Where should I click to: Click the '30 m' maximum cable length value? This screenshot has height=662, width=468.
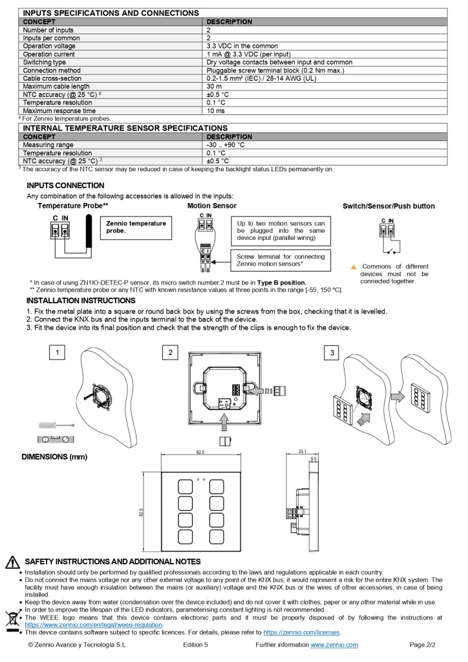point(214,87)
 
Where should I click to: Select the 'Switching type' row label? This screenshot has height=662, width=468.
point(45,62)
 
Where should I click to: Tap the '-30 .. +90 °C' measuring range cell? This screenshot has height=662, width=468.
point(226,145)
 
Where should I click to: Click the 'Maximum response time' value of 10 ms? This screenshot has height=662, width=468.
point(216,111)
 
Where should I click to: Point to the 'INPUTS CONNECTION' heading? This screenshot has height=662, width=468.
point(65,186)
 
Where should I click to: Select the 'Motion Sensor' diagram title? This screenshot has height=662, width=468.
point(211,206)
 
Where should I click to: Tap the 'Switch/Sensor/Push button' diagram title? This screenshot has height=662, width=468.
point(388,206)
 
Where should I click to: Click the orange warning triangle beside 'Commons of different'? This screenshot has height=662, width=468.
point(354,266)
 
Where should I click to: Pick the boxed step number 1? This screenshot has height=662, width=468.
point(58,352)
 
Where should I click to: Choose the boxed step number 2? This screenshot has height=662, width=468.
point(170,352)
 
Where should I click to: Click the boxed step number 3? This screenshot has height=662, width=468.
point(332,352)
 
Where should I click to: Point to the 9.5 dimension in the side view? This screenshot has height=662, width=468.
point(314,459)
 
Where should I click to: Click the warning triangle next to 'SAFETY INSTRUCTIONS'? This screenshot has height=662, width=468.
point(12,562)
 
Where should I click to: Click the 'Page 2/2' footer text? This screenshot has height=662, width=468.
point(423,645)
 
